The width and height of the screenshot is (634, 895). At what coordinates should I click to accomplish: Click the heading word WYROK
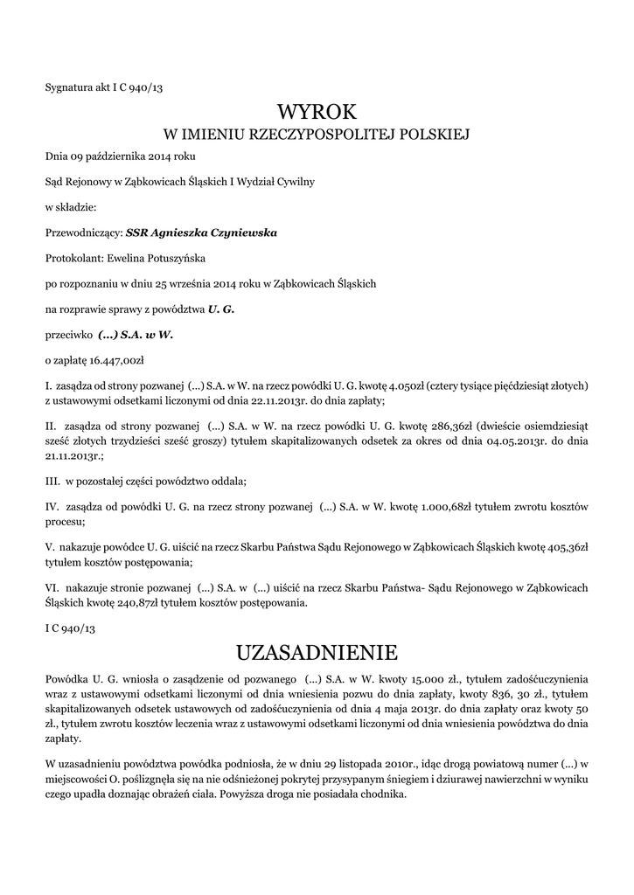point(317,112)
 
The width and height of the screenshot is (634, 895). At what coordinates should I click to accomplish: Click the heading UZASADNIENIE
point(317,653)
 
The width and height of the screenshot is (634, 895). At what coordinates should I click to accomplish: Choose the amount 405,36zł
point(569,547)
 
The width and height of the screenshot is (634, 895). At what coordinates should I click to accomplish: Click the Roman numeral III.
point(52,481)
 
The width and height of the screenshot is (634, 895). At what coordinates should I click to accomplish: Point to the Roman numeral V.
point(49,547)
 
